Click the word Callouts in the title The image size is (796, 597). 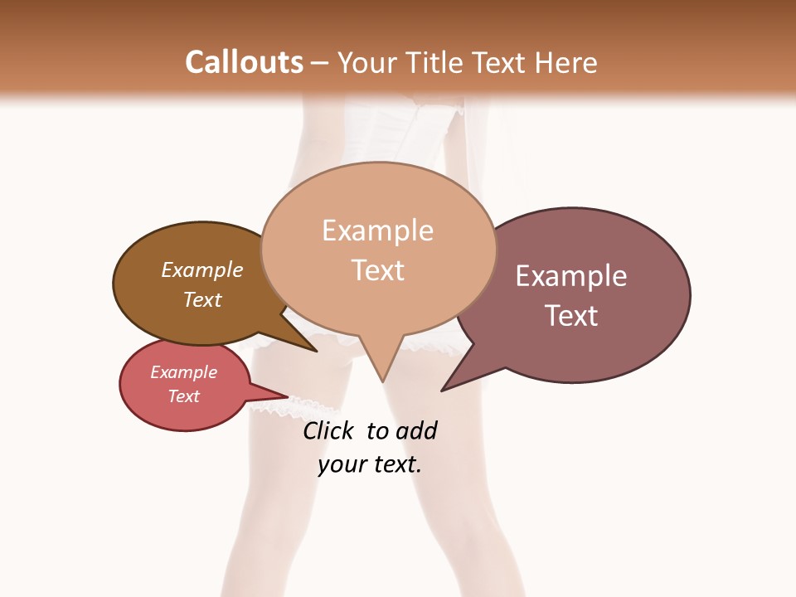[x=244, y=62]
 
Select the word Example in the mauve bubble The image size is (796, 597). [x=571, y=276]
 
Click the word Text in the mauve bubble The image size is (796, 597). [x=571, y=316]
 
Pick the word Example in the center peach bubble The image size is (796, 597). [x=377, y=231]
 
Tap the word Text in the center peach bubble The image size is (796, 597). [x=378, y=270]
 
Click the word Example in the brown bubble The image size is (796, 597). [x=202, y=270]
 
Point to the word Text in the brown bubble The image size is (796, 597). [x=202, y=299]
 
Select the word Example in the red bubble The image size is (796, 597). [x=184, y=372]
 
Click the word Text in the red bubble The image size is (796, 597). [x=184, y=396]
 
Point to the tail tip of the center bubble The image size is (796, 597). [x=382, y=381]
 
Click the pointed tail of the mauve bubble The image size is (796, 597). [x=443, y=390]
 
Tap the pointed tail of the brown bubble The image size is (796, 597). [x=316, y=351]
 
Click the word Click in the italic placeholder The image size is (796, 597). [x=328, y=430]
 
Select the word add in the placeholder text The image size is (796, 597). [x=417, y=430]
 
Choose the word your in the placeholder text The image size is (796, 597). [x=341, y=464]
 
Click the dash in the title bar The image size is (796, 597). [x=320, y=63]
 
